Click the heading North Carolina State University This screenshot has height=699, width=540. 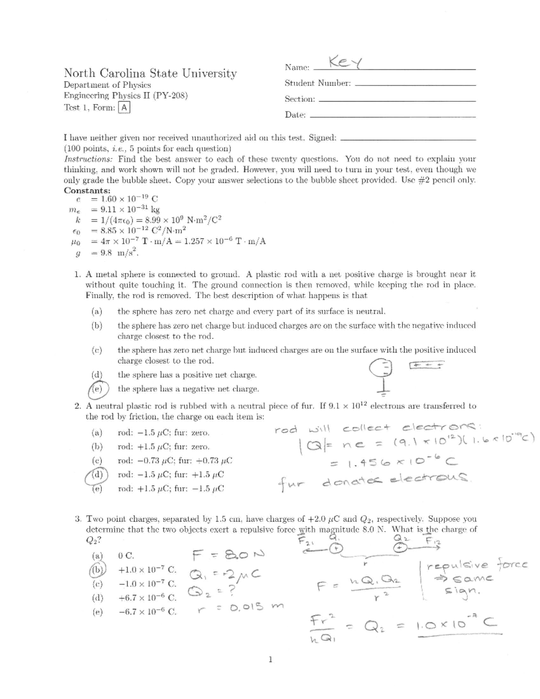[x=150, y=73]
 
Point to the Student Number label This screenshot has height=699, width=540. [x=318, y=83]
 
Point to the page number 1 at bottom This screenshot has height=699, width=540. [x=270, y=660]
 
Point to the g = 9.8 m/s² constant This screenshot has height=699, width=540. [x=108, y=253]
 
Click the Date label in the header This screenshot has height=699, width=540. [x=295, y=115]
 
